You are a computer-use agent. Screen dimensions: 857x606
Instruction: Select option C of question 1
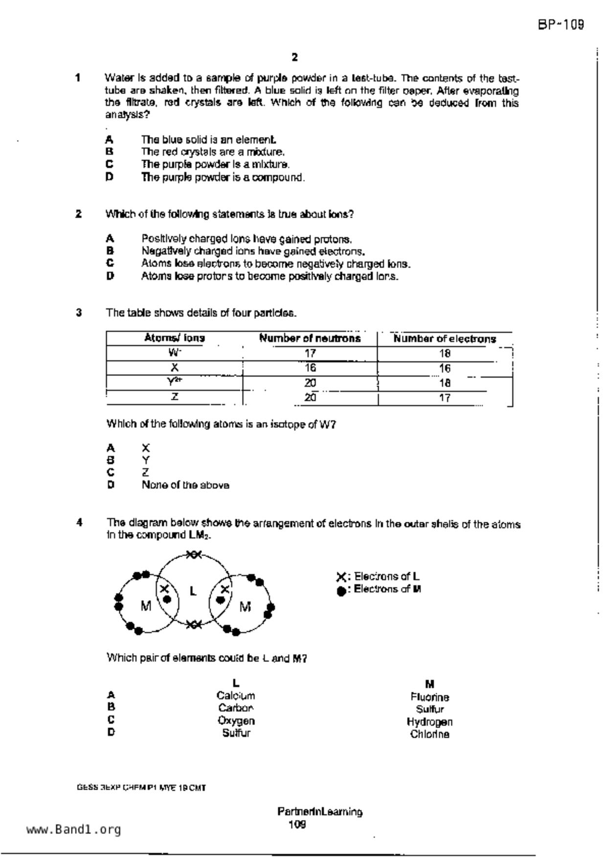click(x=215, y=164)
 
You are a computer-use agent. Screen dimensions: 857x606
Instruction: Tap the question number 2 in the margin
click(x=78, y=214)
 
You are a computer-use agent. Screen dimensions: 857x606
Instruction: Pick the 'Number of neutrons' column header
click(x=310, y=338)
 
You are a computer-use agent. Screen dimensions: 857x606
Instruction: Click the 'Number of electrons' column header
click(x=445, y=339)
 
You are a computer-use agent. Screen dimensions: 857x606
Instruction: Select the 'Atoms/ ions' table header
click(x=175, y=338)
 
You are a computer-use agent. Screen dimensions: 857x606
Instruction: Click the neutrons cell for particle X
click(x=310, y=367)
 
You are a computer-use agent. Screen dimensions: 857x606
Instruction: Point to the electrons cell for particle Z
click(x=445, y=398)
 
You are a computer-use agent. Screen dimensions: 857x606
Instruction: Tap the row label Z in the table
click(x=175, y=397)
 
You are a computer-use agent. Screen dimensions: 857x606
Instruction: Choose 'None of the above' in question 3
click(x=185, y=485)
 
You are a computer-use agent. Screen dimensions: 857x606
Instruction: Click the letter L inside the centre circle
click(x=193, y=591)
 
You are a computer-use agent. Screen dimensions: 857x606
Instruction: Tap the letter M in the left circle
click(x=146, y=606)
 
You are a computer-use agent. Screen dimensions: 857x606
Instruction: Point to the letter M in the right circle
click(x=245, y=607)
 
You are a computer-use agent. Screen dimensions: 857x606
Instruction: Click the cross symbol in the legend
click(x=341, y=577)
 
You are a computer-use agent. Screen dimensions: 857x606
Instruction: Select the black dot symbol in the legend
click(x=341, y=590)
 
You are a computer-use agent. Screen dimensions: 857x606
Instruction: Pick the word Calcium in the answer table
click(x=236, y=696)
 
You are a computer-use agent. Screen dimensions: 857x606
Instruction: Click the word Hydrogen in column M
click(x=429, y=722)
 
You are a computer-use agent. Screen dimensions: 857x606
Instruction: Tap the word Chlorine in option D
click(x=429, y=734)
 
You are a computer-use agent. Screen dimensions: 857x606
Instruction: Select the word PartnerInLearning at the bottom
click(x=320, y=812)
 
